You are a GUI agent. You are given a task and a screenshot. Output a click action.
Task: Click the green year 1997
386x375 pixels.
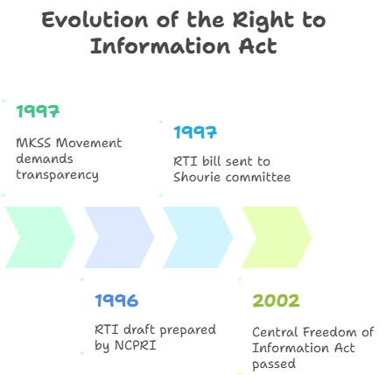tap(38, 111)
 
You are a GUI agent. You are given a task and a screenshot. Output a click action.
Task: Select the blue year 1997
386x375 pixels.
tap(195, 132)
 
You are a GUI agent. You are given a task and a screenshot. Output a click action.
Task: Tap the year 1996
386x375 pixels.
tap(116, 301)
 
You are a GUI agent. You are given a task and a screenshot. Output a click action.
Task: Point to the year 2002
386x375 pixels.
tap(276, 301)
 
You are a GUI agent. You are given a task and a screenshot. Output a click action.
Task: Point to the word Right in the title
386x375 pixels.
tap(263, 21)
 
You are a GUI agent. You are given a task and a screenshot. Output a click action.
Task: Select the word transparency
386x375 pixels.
tap(57, 175)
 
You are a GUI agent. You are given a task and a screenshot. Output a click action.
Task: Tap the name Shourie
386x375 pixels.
tap(197, 177)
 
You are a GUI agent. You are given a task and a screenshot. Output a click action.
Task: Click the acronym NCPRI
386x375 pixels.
tap(136, 345)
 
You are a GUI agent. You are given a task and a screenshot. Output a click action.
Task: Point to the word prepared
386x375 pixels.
tap(188, 330)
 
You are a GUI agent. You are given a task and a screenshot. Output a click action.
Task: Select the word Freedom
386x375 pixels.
tap(329, 332)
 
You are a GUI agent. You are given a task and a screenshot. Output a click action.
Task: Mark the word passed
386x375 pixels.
tap(274, 364)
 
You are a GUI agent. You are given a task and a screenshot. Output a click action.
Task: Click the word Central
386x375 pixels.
tap(275, 332)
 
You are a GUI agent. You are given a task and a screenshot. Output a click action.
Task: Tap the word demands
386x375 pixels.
tap(45, 159)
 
